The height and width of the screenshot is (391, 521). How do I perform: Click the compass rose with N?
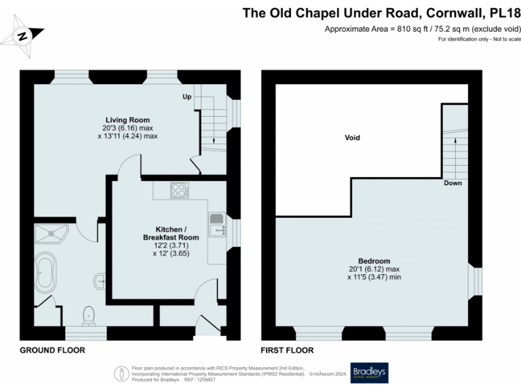click(23, 37)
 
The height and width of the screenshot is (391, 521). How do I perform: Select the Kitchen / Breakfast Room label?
click(171, 233)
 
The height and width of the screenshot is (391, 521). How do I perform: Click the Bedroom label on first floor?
click(374, 261)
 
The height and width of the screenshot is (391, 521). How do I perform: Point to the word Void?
click(352, 138)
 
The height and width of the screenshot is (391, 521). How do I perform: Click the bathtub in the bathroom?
click(47, 271)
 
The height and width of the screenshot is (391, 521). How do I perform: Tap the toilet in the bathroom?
click(88, 314)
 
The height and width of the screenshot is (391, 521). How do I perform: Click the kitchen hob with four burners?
click(180, 190)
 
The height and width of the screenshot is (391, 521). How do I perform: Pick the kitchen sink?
click(217, 225)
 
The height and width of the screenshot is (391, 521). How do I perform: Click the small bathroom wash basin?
click(100, 278)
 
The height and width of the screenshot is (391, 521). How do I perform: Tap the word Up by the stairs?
click(187, 97)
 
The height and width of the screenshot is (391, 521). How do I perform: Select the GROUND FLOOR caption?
click(52, 351)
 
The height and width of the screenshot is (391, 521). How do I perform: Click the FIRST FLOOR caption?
click(287, 351)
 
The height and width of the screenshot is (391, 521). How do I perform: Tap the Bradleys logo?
click(368, 372)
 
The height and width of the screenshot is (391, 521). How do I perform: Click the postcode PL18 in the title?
click(505, 12)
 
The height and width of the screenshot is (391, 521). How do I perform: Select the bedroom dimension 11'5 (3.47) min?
click(374, 277)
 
